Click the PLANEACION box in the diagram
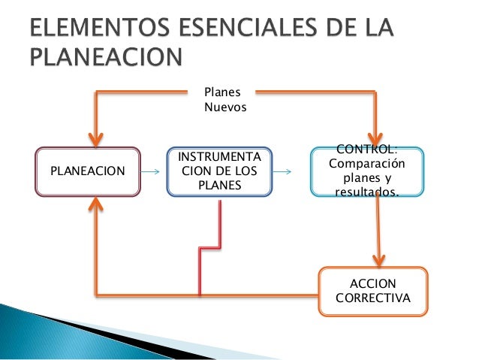pos(87,171)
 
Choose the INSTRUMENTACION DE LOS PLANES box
pos(219,171)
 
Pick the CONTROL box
pos(367,171)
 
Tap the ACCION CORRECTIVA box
pos(373,292)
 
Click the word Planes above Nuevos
pos(222,93)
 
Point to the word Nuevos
pos(224,107)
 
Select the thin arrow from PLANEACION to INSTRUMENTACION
pos(152,172)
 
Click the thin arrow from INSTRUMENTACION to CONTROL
pos(283,172)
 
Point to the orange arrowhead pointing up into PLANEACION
pos(96,204)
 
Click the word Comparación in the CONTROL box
pos(367,165)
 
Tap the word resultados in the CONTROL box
pos(367,192)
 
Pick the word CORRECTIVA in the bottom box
pos(373,298)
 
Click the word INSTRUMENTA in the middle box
pos(219,158)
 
